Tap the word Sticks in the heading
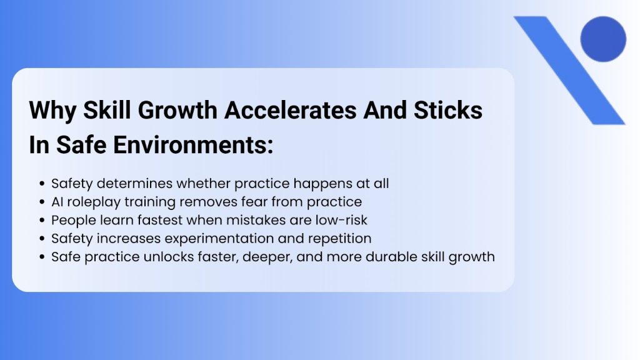[x=449, y=111]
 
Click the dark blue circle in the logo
[x=602, y=39]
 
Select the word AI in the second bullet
[x=57, y=202]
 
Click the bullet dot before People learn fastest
[x=42, y=221]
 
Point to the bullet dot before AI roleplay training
[x=42, y=202]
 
